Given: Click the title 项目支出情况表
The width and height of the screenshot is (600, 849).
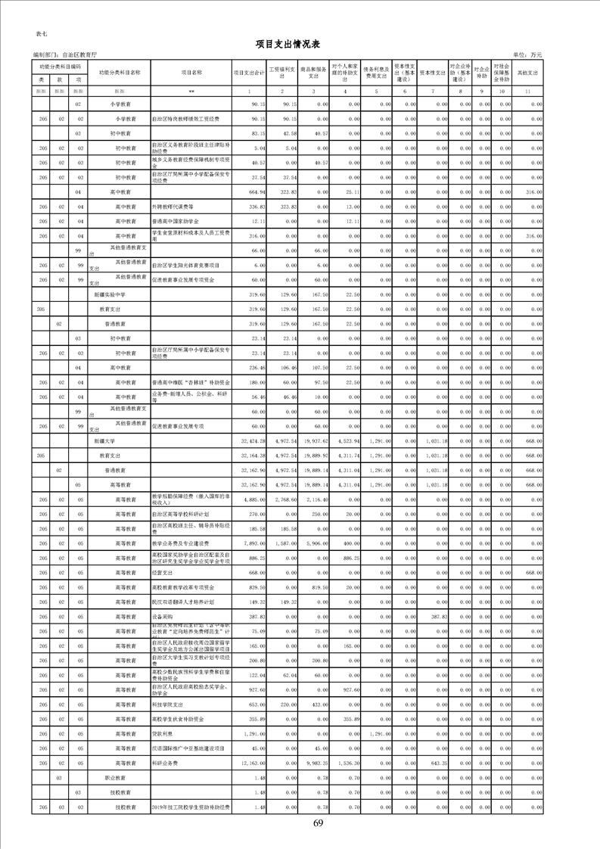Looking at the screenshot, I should point(300,45).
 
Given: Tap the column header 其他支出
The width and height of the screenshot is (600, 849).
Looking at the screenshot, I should point(527,73).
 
